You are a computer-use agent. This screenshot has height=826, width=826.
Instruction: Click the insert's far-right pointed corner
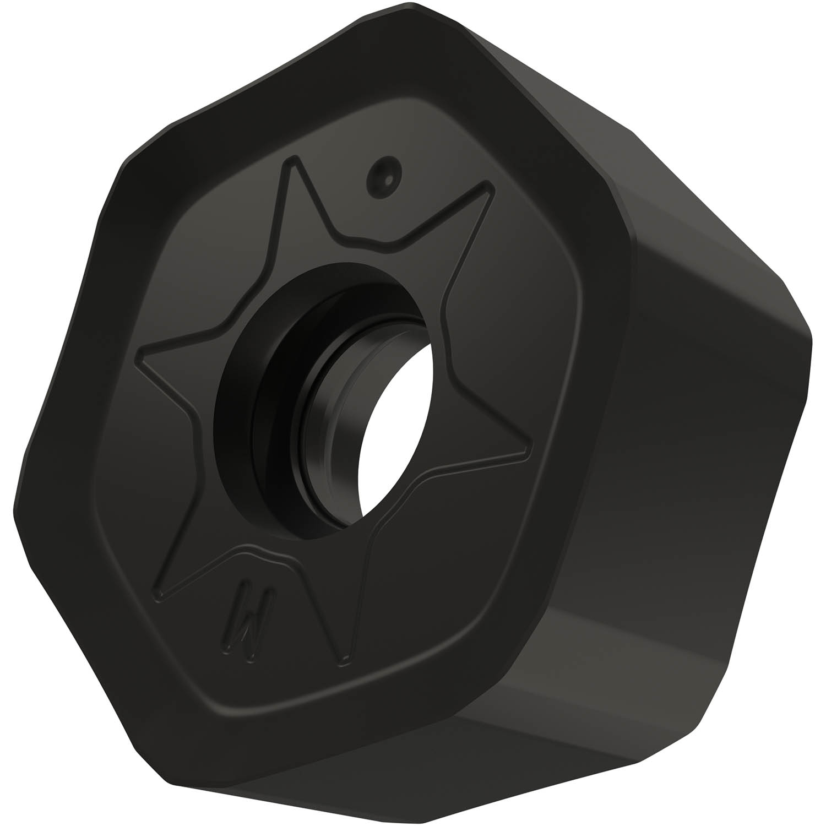click(811, 336)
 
